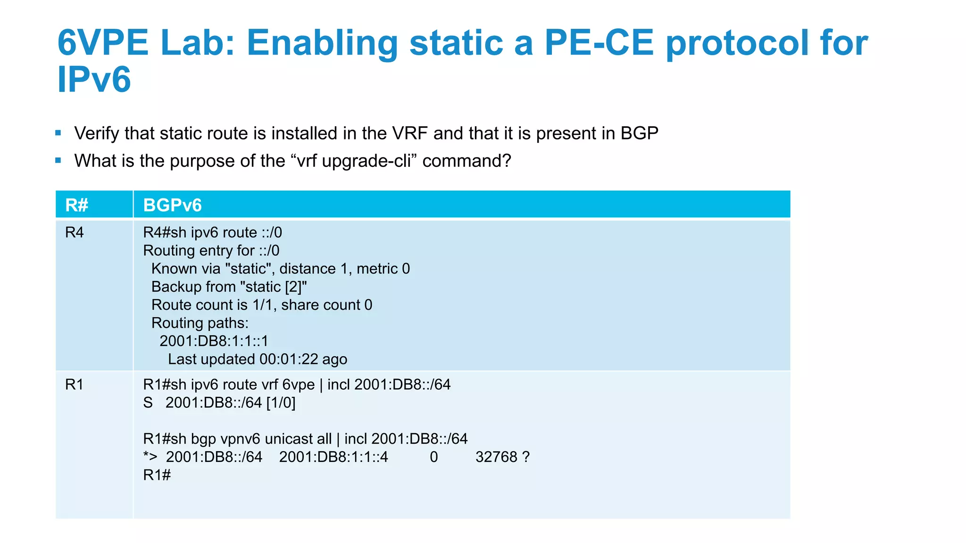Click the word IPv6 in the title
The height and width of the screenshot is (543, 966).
coord(94,79)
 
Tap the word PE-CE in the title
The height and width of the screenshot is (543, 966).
coord(599,42)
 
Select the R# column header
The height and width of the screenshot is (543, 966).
coord(77,205)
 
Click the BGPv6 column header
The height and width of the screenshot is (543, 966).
coord(172,205)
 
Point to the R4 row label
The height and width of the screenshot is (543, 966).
coord(75,232)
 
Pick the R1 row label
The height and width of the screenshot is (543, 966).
coord(75,385)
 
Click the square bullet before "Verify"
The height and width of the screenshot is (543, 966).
coord(58,133)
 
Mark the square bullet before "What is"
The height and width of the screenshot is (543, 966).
coord(58,160)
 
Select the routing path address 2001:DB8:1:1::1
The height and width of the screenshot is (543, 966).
coord(214,341)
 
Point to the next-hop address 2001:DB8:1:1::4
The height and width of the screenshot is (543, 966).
coord(333,457)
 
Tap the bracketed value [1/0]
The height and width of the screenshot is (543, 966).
coord(281,403)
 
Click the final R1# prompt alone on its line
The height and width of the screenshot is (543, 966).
coord(157,475)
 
